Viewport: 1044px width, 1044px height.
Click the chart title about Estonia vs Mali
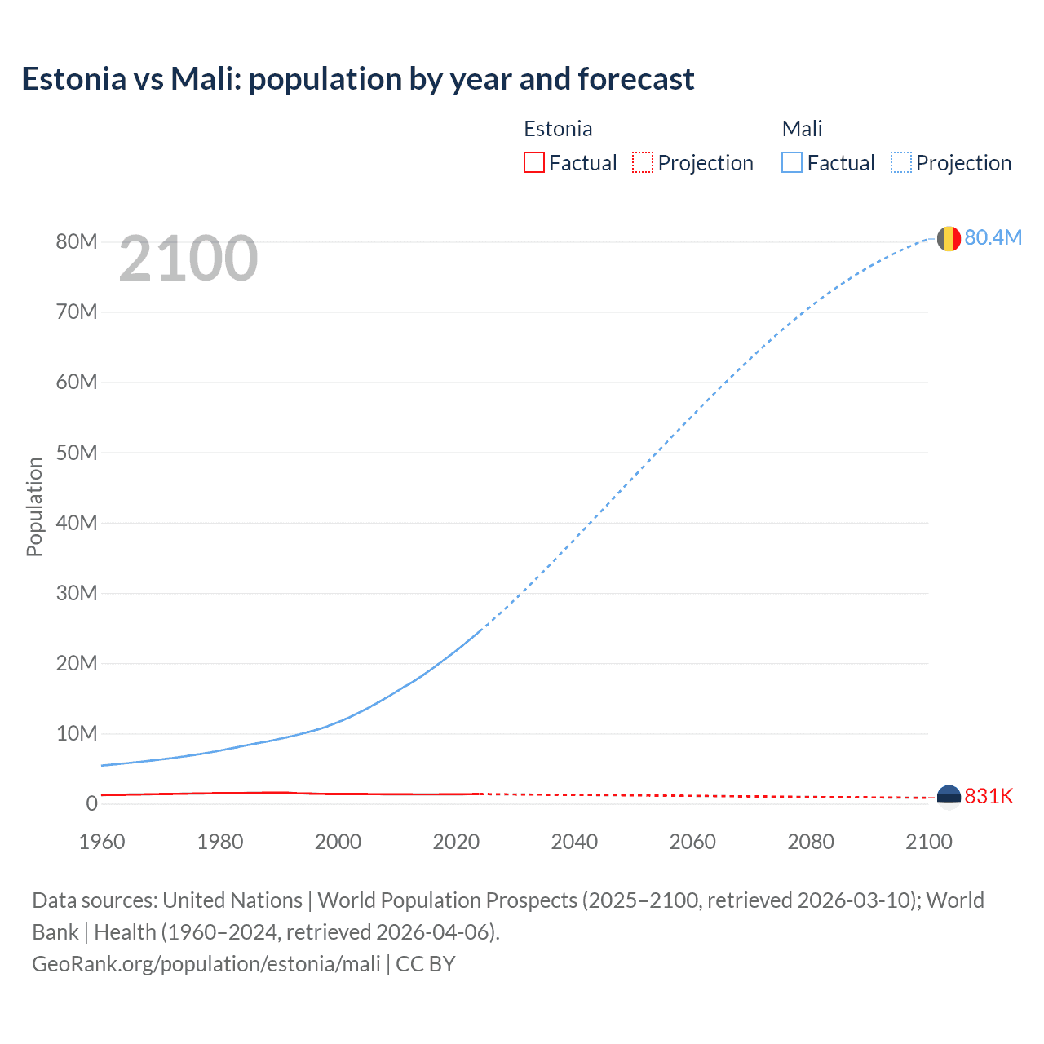tap(358, 79)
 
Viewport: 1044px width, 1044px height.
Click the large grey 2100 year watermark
tap(188, 259)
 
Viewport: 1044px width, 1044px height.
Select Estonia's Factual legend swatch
tap(533, 162)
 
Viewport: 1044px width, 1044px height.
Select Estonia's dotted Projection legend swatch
tap(643, 162)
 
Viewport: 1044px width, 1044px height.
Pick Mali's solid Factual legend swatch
tap(791, 162)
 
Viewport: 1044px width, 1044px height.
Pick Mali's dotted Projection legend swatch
tap(900, 162)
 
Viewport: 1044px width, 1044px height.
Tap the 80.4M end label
tap(993, 237)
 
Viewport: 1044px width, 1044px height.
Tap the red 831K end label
tap(989, 796)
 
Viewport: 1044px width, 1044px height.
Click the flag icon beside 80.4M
tap(949, 238)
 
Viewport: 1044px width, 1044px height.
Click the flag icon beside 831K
tap(949, 797)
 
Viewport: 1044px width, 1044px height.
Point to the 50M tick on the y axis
tap(77, 453)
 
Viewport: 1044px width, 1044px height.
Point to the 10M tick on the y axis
tap(77, 733)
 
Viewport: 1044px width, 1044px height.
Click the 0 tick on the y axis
tap(91, 803)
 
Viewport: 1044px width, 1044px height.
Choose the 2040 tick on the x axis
tap(574, 842)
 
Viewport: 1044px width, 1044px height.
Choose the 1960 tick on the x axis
tap(102, 842)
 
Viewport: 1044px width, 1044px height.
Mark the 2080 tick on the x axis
tap(811, 842)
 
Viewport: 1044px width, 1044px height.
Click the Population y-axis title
tap(34, 507)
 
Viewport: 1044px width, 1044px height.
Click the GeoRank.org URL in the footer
tap(206, 964)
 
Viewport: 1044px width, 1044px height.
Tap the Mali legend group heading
tap(802, 129)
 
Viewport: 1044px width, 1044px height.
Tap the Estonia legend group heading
tap(558, 129)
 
